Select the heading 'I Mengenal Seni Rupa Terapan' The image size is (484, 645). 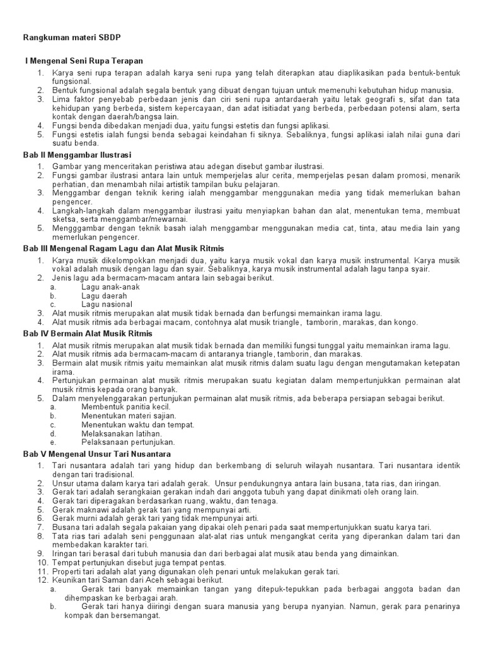click(84, 60)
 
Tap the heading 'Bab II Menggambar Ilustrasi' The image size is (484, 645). click(77, 154)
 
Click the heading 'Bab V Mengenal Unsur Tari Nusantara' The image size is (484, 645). click(97, 454)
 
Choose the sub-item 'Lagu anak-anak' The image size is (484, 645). click(110, 287)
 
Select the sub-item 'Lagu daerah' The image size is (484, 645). click(104, 295)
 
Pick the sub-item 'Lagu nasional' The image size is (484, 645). click(107, 304)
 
